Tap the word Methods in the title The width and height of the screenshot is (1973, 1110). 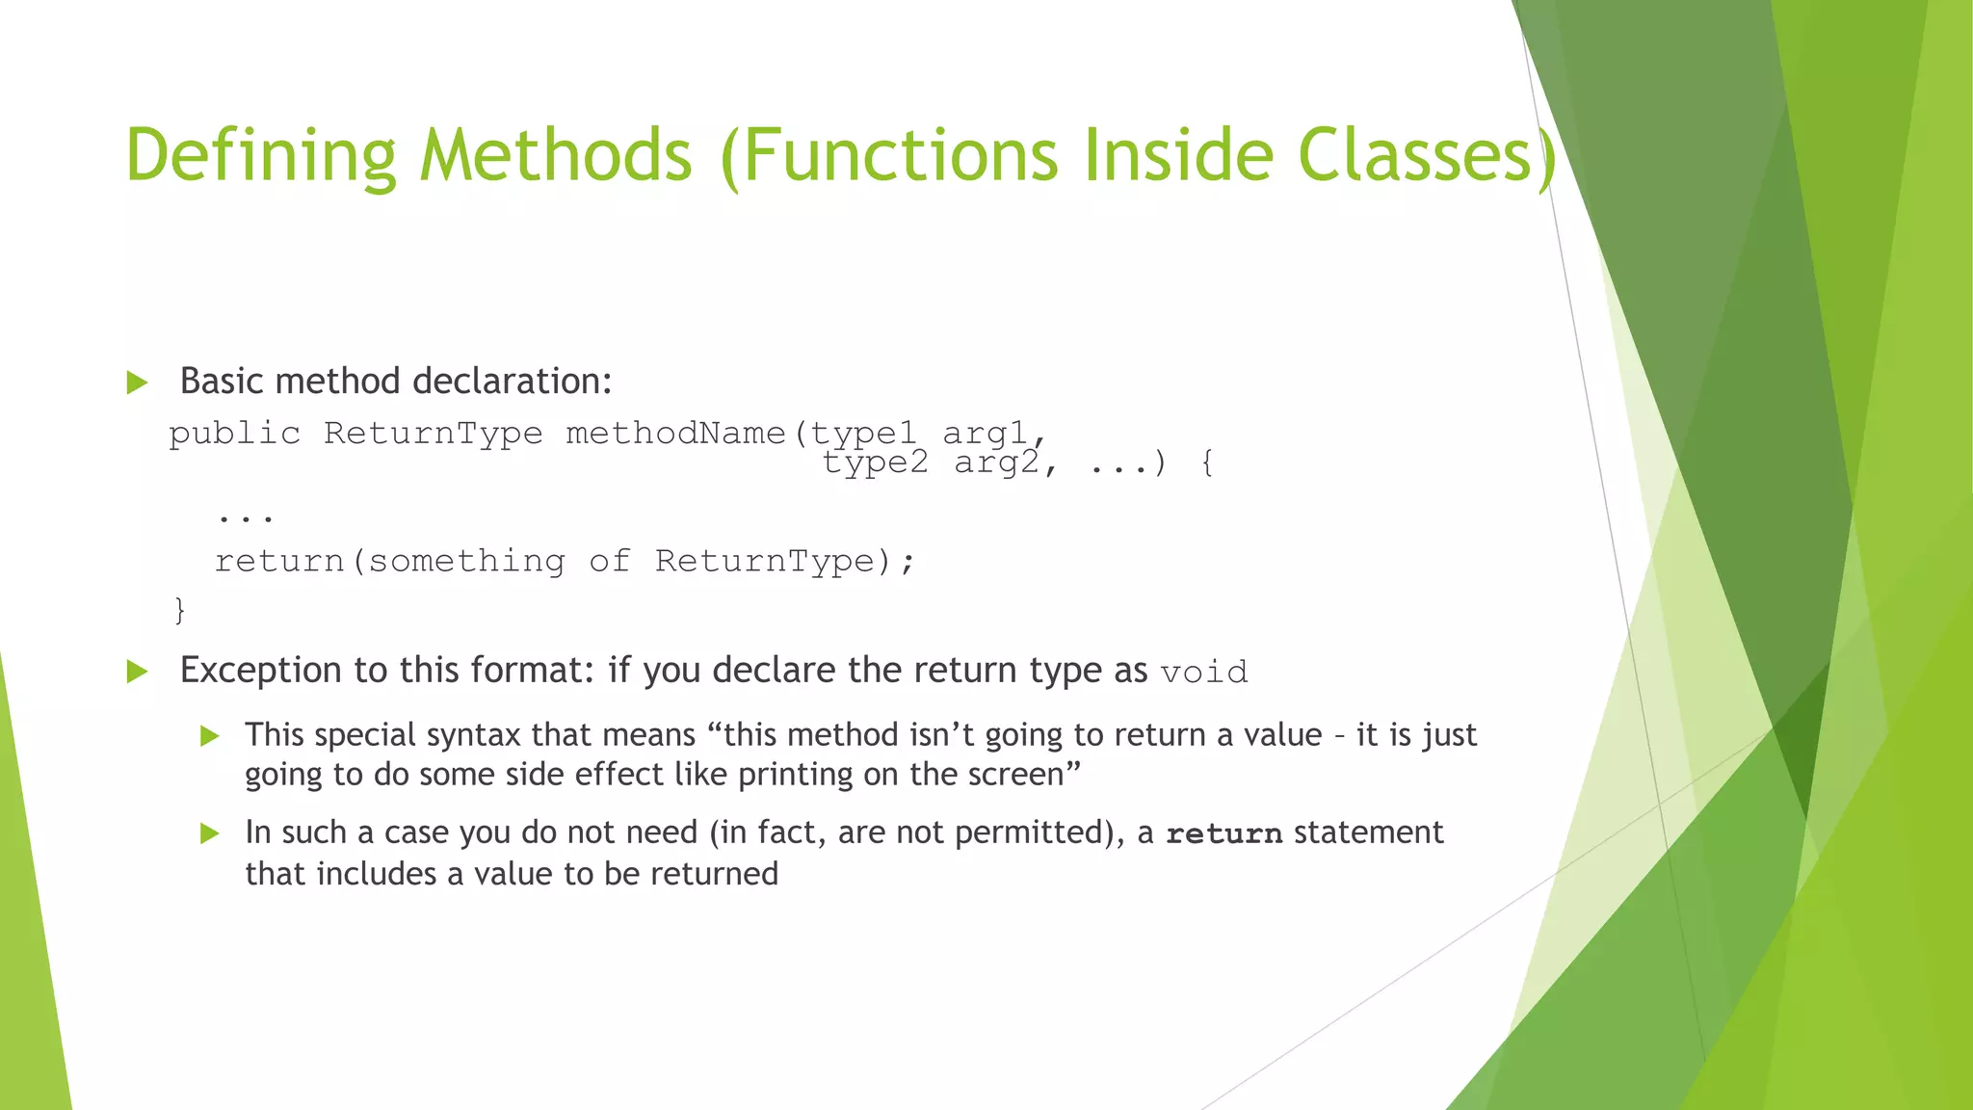tap(556, 155)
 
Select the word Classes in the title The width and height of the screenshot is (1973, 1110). tap(1415, 155)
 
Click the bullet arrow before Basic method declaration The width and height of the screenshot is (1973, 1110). tap(137, 383)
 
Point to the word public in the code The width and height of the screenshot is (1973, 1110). tap(234, 434)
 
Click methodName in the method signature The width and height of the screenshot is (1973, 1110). tap(675, 434)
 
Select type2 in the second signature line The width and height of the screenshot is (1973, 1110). tap(875, 463)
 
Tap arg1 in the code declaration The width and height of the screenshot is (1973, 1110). tap(985, 434)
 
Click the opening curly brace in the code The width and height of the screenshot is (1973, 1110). tap(1207, 463)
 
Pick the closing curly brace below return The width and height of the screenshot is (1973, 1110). tap(179, 609)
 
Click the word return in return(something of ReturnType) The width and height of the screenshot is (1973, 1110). tap(279, 561)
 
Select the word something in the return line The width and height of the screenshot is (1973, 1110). tap(466, 561)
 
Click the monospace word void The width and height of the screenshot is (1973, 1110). tap(1203, 672)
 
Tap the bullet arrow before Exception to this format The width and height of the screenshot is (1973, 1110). tap(137, 672)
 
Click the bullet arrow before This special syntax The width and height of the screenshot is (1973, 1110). tap(210, 737)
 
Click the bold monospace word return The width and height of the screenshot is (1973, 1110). tap(1223, 833)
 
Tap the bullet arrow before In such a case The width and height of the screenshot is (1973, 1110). tap(210, 833)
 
